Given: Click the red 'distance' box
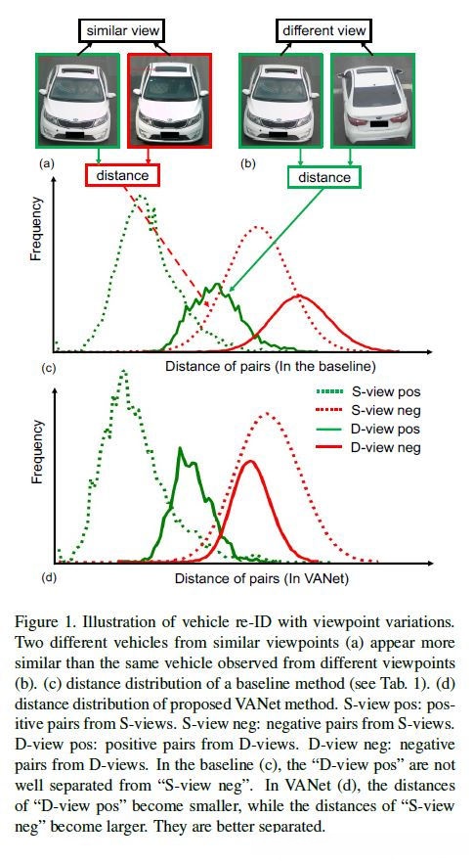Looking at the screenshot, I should [123, 176].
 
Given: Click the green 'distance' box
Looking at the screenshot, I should [323, 177].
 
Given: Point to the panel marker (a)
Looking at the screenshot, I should [46, 163].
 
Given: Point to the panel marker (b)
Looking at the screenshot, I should [248, 163].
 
